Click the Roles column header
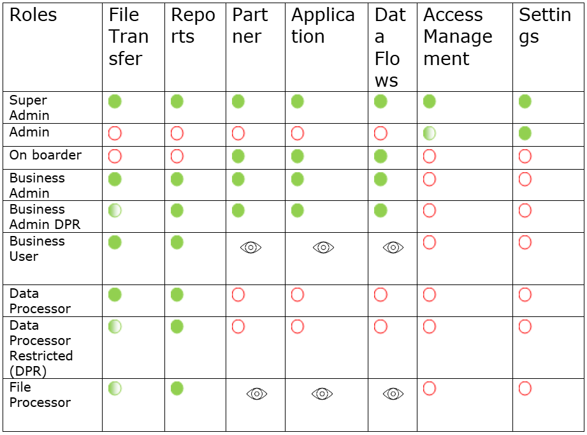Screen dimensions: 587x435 pos(33,15)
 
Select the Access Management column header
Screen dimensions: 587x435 pos(458,37)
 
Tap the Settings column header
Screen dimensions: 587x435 pos(545,26)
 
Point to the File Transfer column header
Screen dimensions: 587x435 pos(128,37)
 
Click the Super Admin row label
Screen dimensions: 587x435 pos(29,108)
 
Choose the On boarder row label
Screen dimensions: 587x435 pos(45,155)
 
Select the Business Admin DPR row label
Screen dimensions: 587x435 pos(45,217)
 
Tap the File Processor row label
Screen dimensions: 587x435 pos(40,395)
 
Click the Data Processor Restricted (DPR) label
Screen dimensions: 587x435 pos(41,348)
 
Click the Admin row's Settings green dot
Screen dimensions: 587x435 pos(525,133)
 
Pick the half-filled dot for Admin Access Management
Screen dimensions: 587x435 pos(430,133)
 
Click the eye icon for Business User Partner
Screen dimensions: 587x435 pos(251,247)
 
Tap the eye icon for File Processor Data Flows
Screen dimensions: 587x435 pos(393,394)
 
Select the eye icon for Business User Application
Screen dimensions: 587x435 pos(323,247)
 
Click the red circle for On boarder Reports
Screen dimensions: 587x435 pos(177,156)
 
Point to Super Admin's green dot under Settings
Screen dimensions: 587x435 pos(525,101)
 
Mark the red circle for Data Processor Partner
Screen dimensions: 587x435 pos(238,295)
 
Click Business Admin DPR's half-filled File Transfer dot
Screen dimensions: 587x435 pos(115,210)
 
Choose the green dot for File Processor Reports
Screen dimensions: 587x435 pos(177,388)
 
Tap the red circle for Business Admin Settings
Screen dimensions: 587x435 pos(525,179)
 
